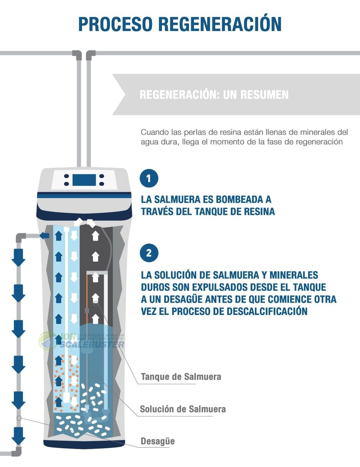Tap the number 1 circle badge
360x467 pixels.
(149, 178)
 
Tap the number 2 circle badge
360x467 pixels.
(149, 253)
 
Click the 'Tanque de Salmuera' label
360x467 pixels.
(181, 377)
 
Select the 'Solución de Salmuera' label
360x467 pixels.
(183, 409)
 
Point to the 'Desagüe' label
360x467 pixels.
(157, 441)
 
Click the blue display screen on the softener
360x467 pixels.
(84, 180)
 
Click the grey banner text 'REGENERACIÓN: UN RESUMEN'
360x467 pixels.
(214, 95)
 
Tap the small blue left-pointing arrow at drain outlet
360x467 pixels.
(44, 236)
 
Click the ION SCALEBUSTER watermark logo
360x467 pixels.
(83, 341)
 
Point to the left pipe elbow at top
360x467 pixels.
(77, 55)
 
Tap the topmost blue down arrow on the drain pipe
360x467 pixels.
(18, 257)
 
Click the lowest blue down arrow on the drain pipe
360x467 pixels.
(18, 436)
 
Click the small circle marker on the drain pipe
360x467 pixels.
(19, 418)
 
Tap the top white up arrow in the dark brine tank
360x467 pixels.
(95, 236)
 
